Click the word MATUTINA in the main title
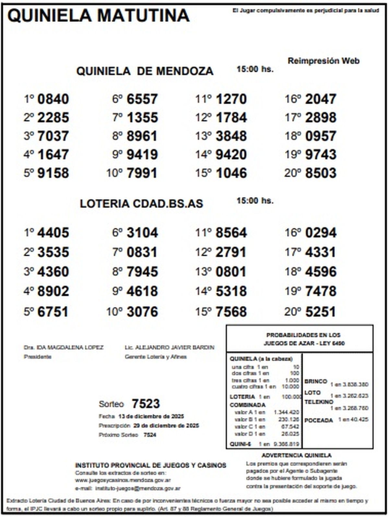click(x=143, y=16)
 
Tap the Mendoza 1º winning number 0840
click(x=53, y=99)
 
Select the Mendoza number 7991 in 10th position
click(x=142, y=173)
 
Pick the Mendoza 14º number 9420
click(x=231, y=154)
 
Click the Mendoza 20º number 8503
click(x=321, y=173)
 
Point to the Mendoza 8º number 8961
click(x=142, y=136)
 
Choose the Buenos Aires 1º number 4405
click(x=53, y=233)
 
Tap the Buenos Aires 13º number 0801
click(x=231, y=272)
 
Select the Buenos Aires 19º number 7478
click(x=321, y=291)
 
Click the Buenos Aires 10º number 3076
click(x=142, y=312)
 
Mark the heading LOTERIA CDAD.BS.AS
click(x=141, y=203)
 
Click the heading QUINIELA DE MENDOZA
click(x=145, y=71)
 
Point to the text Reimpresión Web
click(x=324, y=61)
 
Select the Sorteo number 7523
click(x=146, y=404)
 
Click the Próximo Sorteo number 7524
click(x=150, y=435)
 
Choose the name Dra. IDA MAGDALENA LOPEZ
click(x=64, y=348)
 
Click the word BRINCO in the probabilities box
click(x=315, y=381)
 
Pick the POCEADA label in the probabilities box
click(x=319, y=420)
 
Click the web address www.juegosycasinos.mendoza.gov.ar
click(x=123, y=480)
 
